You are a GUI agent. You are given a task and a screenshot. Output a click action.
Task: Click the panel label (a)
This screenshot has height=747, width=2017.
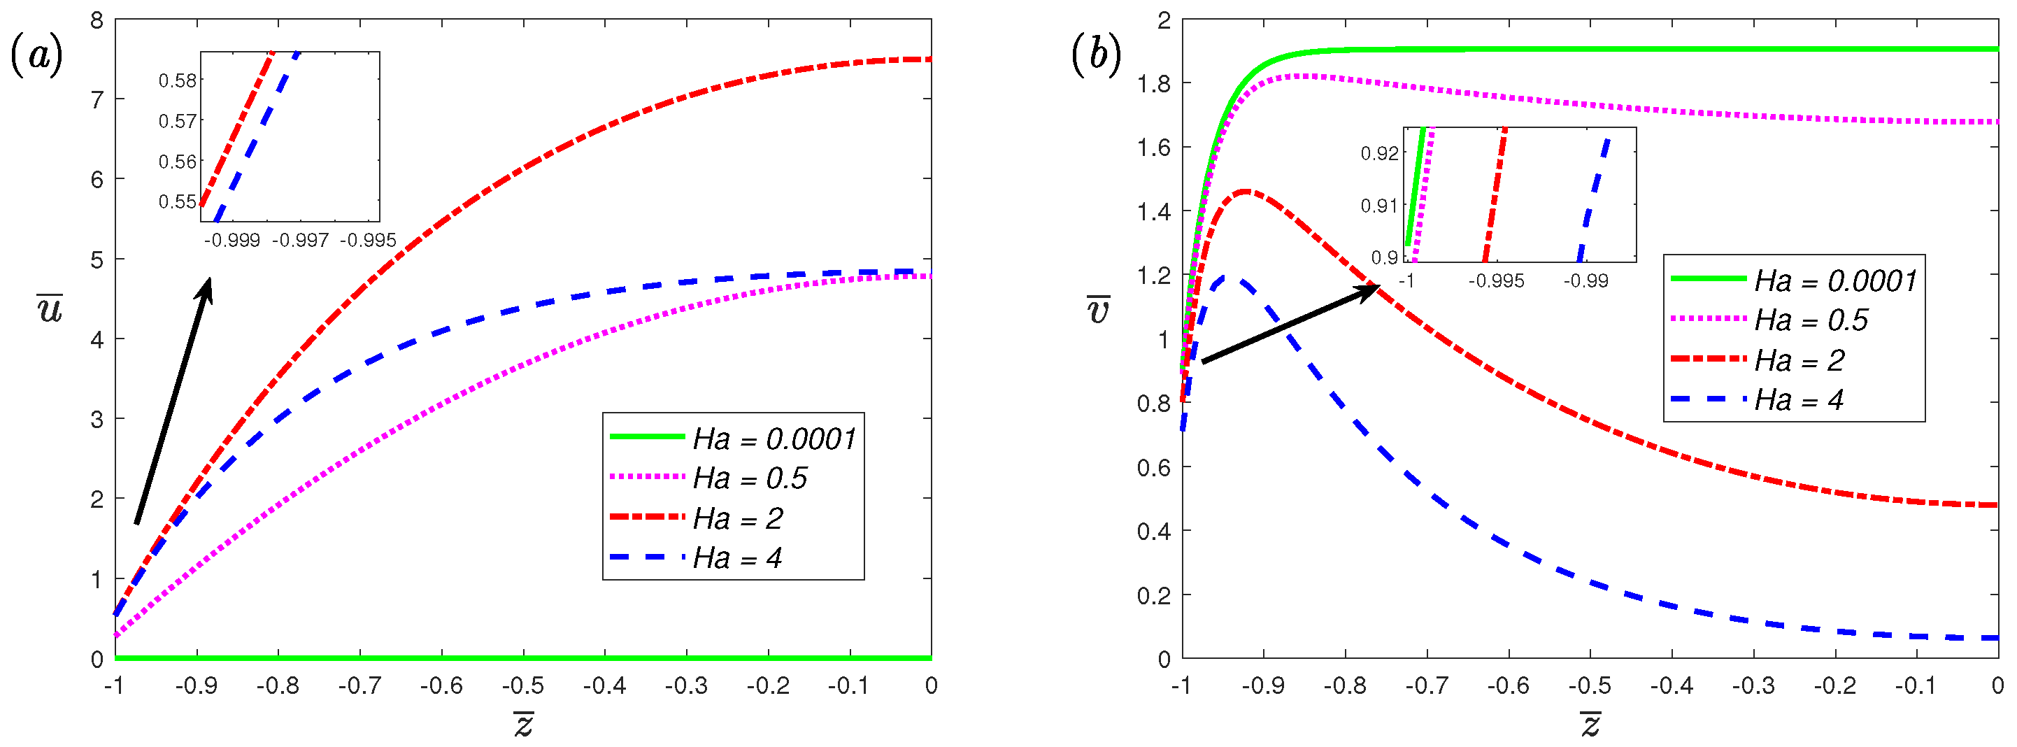coord(36,57)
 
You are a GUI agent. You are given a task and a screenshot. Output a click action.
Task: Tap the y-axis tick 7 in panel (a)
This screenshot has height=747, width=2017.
coord(97,100)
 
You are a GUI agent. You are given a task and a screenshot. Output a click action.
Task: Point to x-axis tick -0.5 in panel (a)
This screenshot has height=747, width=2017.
coord(523,686)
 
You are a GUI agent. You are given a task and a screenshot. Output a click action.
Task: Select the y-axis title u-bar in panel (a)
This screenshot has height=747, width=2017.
coord(50,308)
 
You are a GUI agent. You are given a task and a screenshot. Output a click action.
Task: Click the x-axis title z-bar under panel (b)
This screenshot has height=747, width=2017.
coord(1590,725)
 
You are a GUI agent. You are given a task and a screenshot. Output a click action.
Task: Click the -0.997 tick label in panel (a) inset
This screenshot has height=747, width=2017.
coord(300,241)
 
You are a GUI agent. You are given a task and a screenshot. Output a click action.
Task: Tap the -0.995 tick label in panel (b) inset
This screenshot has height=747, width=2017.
coord(1495,280)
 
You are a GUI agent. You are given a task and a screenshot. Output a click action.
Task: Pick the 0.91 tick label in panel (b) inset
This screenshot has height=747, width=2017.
coord(1379,206)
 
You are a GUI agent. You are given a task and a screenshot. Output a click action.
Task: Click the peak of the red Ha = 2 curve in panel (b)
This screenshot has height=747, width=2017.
coord(1244,191)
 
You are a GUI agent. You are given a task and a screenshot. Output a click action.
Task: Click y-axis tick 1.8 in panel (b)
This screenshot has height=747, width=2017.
coord(1153,84)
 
